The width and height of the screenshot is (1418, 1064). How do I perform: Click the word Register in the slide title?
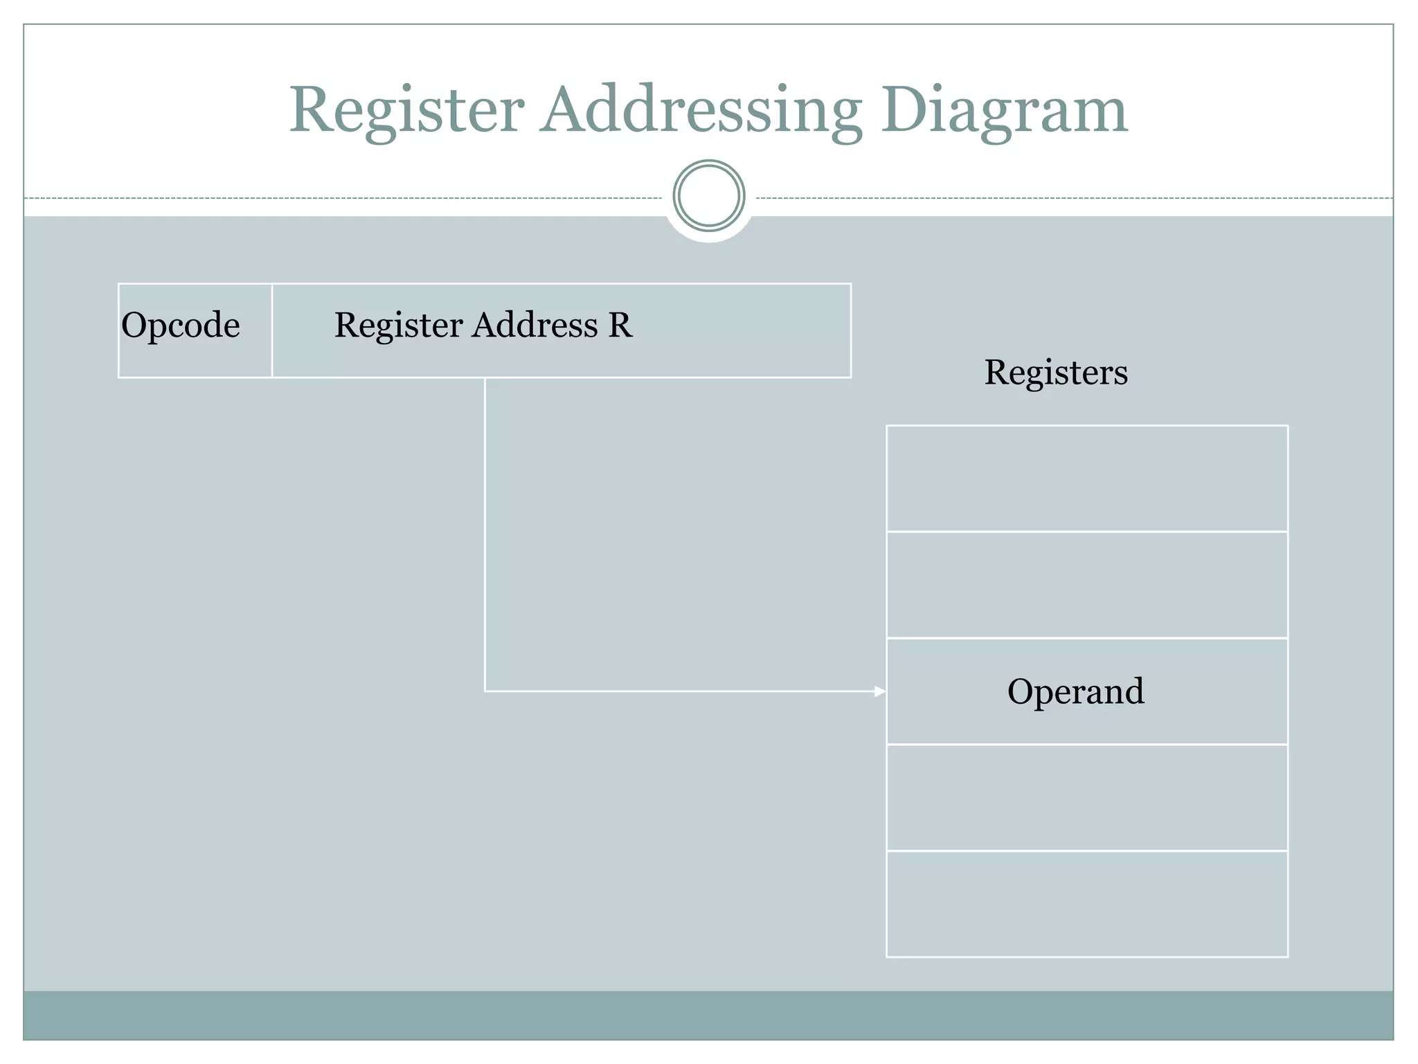click(x=406, y=111)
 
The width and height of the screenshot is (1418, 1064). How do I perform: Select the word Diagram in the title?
click(x=1004, y=111)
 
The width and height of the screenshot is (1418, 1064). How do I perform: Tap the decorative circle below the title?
click(x=709, y=196)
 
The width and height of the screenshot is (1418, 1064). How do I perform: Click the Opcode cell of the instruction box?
click(x=181, y=326)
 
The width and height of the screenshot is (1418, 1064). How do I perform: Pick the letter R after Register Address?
click(x=620, y=325)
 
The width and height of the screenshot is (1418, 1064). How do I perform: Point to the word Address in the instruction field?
click(x=535, y=325)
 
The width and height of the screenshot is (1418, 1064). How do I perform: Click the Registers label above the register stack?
click(x=1056, y=373)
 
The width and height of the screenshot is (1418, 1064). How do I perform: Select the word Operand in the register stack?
click(x=1075, y=691)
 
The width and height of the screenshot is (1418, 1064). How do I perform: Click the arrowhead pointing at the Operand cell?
click(x=880, y=691)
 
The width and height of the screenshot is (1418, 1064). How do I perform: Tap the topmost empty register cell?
click(x=1087, y=479)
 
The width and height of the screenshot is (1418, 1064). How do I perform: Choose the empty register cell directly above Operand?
click(x=1087, y=585)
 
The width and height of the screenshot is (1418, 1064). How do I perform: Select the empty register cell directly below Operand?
click(x=1087, y=798)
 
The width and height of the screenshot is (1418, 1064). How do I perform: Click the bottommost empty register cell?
click(x=1087, y=904)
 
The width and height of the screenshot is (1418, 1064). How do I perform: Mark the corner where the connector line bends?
click(x=485, y=691)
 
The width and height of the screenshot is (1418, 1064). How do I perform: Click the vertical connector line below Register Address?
click(x=485, y=533)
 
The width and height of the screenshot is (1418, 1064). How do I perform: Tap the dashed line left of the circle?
click(x=346, y=199)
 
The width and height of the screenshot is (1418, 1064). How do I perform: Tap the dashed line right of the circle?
click(x=1073, y=199)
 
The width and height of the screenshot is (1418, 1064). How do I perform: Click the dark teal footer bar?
click(x=709, y=1016)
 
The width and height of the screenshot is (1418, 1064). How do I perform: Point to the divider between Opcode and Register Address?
click(x=272, y=330)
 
